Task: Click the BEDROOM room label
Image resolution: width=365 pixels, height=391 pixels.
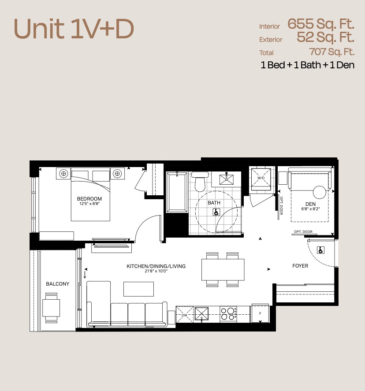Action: coord(89,199)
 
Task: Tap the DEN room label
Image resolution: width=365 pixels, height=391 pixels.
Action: coord(310,204)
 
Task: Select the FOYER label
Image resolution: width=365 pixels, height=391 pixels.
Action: coord(300,266)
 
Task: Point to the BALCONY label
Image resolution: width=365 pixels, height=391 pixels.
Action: coord(58,284)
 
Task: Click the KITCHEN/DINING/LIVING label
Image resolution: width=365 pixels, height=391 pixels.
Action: coord(156,266)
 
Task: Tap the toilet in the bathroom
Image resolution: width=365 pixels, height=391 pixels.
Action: coord(199,181)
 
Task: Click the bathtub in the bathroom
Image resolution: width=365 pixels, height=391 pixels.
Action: coord(177,192)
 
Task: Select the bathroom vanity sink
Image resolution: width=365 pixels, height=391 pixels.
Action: coord(227,179)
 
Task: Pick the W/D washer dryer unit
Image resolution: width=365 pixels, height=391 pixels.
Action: coord(261,178)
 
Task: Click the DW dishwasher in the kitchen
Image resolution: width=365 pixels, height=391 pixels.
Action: coord(185,314)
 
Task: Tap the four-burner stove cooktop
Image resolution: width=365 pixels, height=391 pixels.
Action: coord(228,314)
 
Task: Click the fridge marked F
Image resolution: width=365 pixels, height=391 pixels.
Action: coord(260,313)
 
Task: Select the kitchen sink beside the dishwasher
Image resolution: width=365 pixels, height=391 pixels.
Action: coord(201,314)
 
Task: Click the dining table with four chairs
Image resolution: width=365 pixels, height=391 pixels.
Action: coord(223,270)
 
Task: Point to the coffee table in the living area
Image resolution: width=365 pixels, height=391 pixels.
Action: coord(138,289)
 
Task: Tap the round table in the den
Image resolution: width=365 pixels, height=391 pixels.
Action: coord(319,192)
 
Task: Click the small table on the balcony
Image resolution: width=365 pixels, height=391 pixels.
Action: coord(51,308)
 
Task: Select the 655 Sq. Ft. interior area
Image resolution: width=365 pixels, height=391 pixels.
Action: coord(321,24)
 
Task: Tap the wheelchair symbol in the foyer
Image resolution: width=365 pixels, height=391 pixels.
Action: coord(320,250)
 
